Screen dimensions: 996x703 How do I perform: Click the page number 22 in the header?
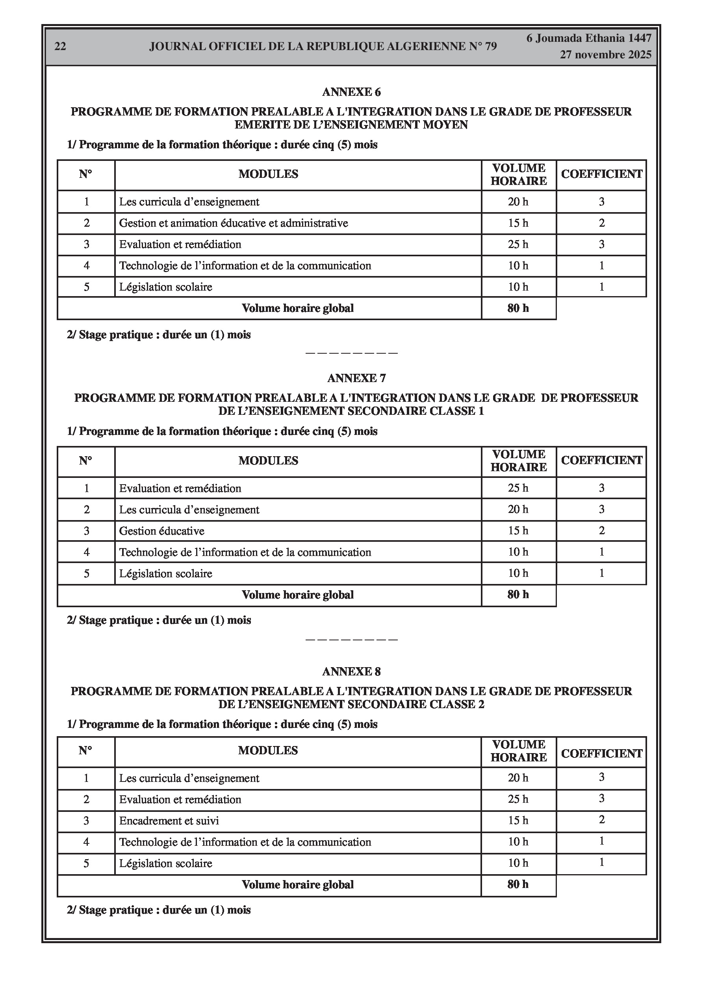[60, 47]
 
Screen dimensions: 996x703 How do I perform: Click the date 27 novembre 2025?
[605, 55]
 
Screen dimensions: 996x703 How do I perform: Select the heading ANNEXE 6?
[351, 92]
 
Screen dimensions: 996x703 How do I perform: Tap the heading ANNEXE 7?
[356, 378]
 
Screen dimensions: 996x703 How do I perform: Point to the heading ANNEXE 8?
[351, 671]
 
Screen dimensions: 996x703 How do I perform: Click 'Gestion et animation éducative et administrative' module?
[233, 224]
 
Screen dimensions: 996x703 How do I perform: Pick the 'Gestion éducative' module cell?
[161, 531]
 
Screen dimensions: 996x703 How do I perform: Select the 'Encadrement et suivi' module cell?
[169, 821]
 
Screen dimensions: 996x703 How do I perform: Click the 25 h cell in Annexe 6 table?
[518, 244]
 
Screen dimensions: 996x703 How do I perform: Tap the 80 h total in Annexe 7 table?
[518, 594]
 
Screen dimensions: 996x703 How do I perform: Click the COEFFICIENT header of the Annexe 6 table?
[601, 174]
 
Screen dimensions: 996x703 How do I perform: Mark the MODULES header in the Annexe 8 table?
[268, 750]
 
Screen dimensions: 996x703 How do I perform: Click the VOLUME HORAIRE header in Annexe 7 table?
[519, 461]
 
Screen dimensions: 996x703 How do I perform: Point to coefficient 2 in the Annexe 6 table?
[601, 224]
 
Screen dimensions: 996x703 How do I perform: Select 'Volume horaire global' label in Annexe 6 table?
[298, 308]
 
